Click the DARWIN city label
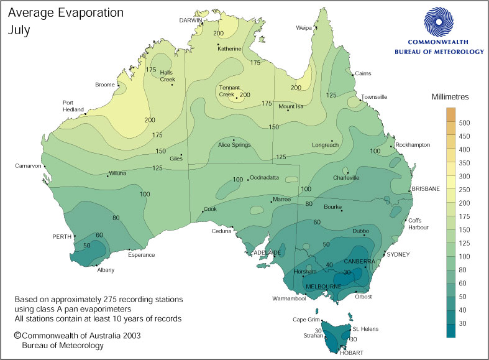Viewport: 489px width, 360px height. click(x=191, y=20)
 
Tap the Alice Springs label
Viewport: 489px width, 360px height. click(x=234, y=145)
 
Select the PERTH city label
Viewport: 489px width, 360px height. click(x=61, y=237)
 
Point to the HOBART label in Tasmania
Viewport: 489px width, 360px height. click(x=352, y=353)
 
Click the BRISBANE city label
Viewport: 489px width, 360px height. click(x=425, y=188)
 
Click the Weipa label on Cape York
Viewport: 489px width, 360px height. click(x=304, y=28)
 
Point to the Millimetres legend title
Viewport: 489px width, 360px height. click(x=454, y=97)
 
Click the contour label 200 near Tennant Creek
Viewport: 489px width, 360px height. click(x=245, y=95)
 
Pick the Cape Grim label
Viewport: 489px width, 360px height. click(x=306, y=320)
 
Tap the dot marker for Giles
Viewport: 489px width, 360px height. click(x=181, y=155)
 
